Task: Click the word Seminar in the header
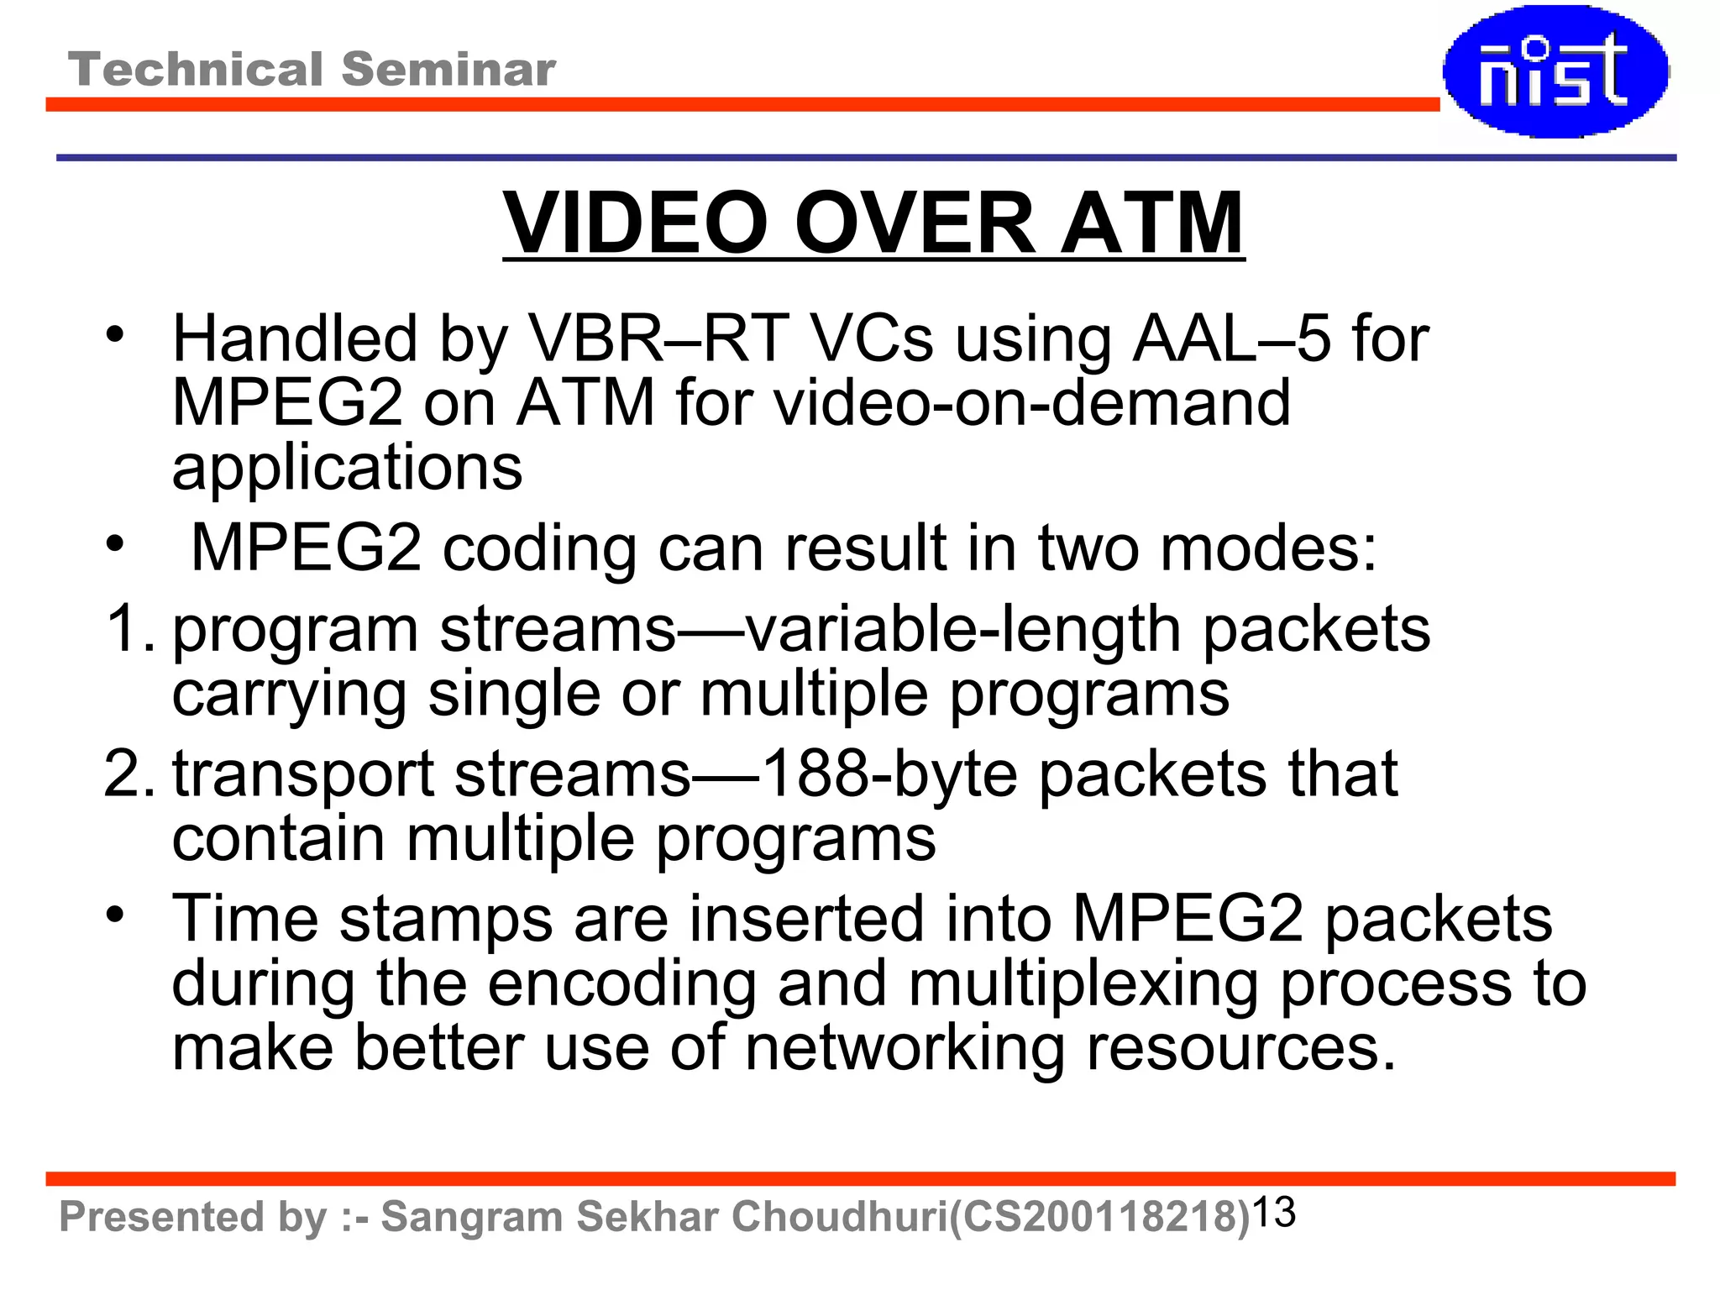[x=448, y=69]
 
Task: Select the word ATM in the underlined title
[x=1151, y=223]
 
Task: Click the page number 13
[x=1273, y=1212]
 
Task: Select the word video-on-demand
[x=1031, y=403]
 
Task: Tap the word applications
[x=347, y=467]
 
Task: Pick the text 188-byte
[x=889, y=773]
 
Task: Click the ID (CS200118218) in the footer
[x=1099, y=1217]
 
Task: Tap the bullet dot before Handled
[x=115, y=334]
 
